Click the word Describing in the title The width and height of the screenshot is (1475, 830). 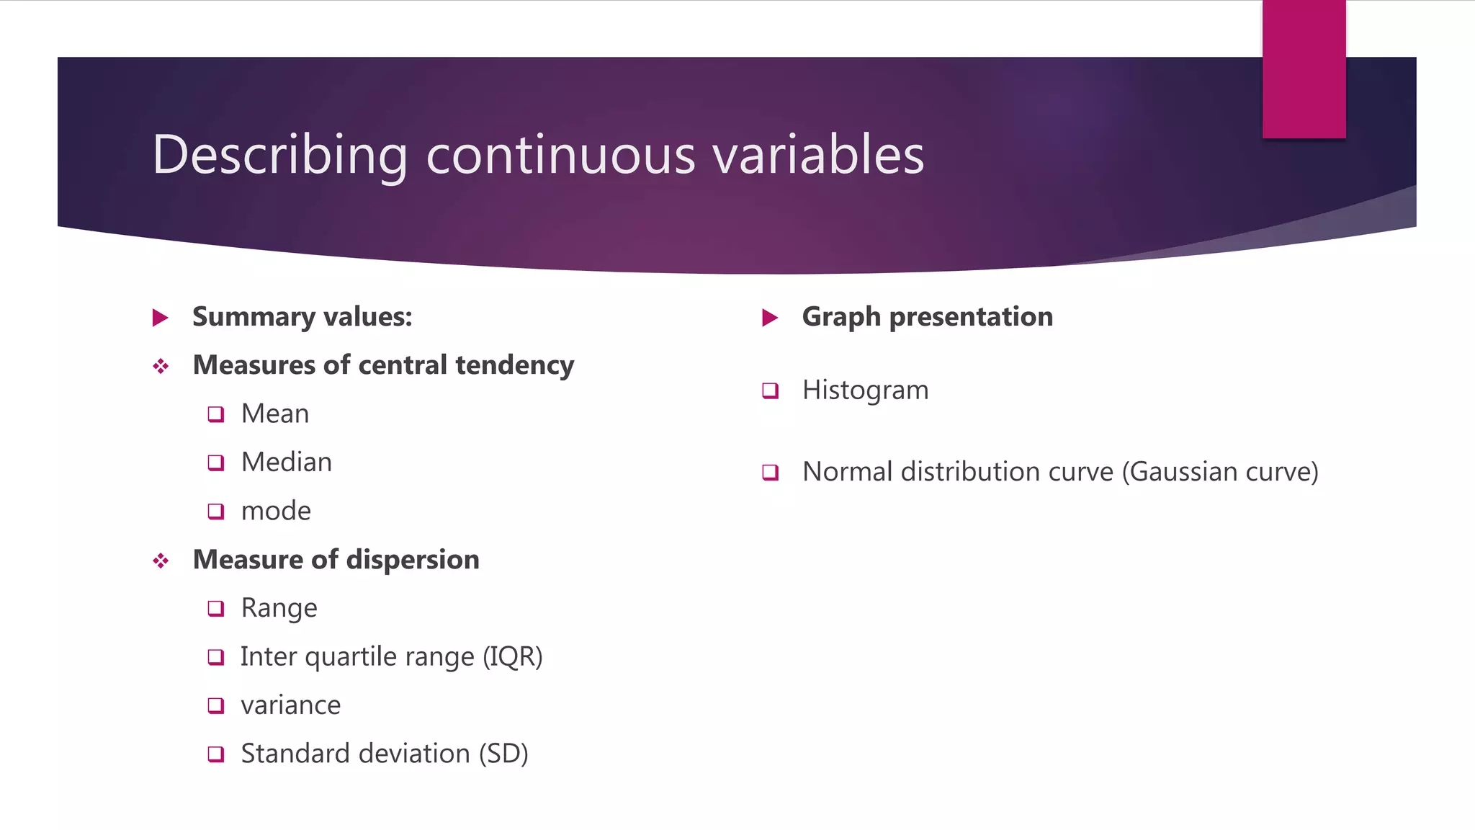280,155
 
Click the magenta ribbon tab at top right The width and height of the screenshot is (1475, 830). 1304,69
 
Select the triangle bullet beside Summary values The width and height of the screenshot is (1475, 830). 161,318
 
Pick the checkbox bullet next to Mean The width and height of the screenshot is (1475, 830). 216,414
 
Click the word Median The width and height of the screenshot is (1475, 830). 287,463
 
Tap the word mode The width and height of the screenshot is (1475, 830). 276,512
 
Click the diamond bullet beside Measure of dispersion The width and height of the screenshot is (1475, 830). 161,561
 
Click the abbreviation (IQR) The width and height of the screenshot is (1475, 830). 512,657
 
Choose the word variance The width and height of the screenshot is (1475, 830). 290,705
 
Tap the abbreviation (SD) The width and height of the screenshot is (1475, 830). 503,754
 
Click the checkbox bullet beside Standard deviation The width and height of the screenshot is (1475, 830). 216,754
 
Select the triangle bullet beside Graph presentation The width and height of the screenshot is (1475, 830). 770,318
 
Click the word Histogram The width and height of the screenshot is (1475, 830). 865,391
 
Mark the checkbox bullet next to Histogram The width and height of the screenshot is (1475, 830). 771,391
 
